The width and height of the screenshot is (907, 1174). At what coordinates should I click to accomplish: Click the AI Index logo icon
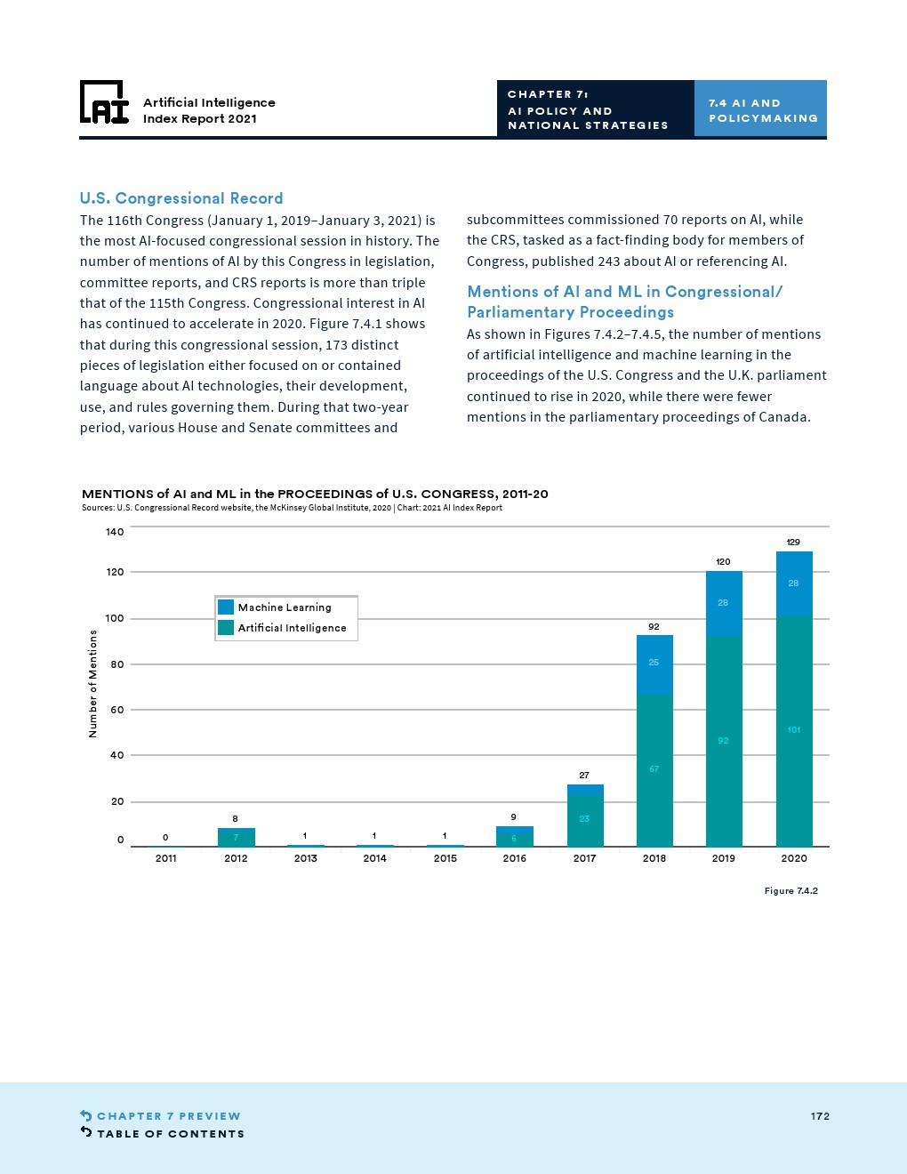[x=104, y=102]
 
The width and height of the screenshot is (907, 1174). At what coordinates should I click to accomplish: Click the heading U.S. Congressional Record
[x=181, y=198]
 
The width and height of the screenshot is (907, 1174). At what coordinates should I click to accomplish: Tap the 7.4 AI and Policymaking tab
[x=761, y=109]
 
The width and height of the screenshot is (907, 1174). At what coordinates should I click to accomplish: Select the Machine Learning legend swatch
[x=226, y=607]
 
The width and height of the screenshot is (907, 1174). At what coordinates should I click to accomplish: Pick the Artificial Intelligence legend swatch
[x=226, y=627]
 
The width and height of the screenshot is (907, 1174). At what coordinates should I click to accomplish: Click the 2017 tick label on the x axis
[x=584, y=858]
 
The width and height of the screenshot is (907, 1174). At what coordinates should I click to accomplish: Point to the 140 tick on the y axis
[x=115, y=532]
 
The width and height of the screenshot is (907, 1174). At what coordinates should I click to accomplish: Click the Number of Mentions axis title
[x=92, y=683]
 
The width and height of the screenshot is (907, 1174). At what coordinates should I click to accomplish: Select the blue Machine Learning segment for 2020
[x=794, y=584]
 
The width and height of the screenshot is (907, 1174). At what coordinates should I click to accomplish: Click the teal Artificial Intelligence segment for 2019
[x=724, y=741]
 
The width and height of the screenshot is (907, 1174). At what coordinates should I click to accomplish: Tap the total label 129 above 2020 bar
[x=793, y=542]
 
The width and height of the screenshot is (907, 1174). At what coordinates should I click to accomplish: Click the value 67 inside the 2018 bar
[x=654, y=769]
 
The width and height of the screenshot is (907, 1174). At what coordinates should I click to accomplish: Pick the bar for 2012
[x=237, y=837]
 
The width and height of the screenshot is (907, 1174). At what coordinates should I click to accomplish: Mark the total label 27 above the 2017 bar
[x=584, y=776]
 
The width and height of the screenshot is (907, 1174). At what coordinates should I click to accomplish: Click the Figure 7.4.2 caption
[x=791, y=890]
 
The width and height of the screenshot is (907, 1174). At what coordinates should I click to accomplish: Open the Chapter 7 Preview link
[x=168, y=1116]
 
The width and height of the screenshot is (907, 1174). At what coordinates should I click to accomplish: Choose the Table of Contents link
[x=170, y=1134]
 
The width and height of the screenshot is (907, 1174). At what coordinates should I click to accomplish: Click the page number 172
[x=820, y=1116]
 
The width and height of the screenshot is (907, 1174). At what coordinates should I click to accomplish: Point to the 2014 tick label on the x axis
[x=375, y=858]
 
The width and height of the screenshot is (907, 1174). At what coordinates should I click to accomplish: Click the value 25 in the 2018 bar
[x=654, y=663]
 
